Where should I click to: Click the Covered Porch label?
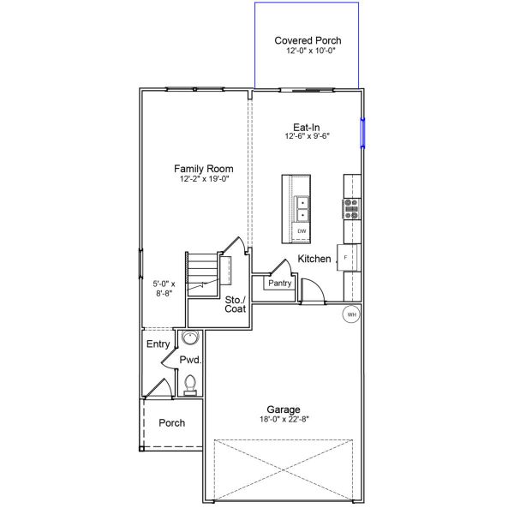[x=308, y=40]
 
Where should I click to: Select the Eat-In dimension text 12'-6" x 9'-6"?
[x=308, y=136]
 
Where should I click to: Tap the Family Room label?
[x=203, y=169]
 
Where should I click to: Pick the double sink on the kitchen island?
[x=302, y=208]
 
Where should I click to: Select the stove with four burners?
[x=351, y=209]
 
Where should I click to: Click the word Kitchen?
[x=314, y=259]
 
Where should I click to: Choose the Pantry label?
[x=280, y=284]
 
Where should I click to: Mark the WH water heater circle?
[x=350, y=314]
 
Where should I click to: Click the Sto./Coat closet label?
[x=235, y=305]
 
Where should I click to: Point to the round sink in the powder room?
[x=189, y=338]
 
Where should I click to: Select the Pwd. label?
[x=189, y=362]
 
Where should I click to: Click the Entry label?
[x=158, y=344]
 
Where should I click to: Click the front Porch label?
[x=171, y=423]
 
